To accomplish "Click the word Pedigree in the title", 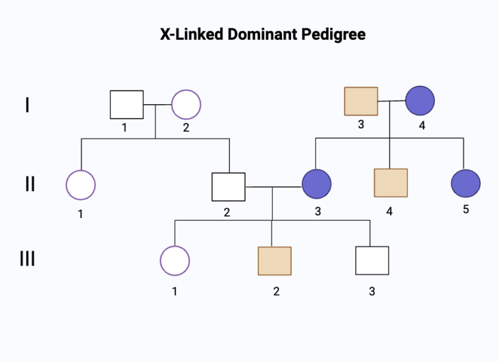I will click(333, 35).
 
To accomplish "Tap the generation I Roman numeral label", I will click(27, 104).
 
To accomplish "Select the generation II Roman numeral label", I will click(29, 184).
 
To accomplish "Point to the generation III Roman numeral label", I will click(27, 259).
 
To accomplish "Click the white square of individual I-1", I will click(126, 104).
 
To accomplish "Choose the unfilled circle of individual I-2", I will click(186, 104).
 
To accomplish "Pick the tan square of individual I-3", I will click(361, 101).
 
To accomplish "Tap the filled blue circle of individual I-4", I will click(420, 101).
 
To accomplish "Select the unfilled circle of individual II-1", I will click(81, 185).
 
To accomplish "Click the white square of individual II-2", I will click(229, 187).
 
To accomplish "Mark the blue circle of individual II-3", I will click(317, 184).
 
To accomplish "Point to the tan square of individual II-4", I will click(391, 183).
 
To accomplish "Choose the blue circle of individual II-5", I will click(465, 184).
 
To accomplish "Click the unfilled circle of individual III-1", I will click(175, 260).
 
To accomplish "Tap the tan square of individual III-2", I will click(275, 261).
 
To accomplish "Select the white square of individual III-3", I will click(372, 260).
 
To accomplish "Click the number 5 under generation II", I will click(466, 210).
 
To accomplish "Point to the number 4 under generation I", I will click(422, 125).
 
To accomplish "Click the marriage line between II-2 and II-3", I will click(274, 187).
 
